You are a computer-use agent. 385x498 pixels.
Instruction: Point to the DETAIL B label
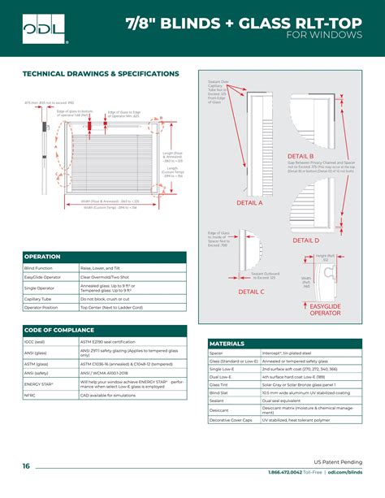(301, 155)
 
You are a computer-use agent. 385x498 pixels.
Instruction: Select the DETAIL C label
(252, 291)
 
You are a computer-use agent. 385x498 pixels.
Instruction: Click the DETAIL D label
(306, 240)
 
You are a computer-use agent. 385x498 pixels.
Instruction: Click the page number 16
(27, 466)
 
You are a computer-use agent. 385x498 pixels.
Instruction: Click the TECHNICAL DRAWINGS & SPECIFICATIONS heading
(100, 73)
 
